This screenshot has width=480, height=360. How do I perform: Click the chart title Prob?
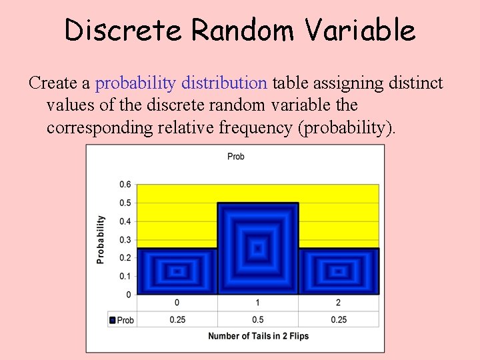[x=235, y=157]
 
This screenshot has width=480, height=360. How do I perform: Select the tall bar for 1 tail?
[x=257, y=249]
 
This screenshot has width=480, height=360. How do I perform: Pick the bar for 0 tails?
[x=177, y=271]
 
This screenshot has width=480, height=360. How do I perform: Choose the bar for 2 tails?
[x=339, y=271]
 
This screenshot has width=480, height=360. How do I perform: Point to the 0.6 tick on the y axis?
[x=125, y=185]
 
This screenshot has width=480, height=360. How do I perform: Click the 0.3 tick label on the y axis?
[x=125, y=240]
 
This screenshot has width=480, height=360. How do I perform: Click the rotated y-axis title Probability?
[x=101, y=239]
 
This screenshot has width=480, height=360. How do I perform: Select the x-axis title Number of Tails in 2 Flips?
[x=258, y=336]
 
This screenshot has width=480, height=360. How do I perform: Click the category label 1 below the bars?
[x=257, y=303]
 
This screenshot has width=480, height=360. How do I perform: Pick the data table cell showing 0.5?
[x=257, y=320]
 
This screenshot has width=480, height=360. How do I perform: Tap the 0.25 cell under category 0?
[x=177, y=320]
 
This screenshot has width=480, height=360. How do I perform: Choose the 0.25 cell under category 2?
[x=339, y=320]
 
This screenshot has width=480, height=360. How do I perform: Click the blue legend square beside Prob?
[x=113, y=321]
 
